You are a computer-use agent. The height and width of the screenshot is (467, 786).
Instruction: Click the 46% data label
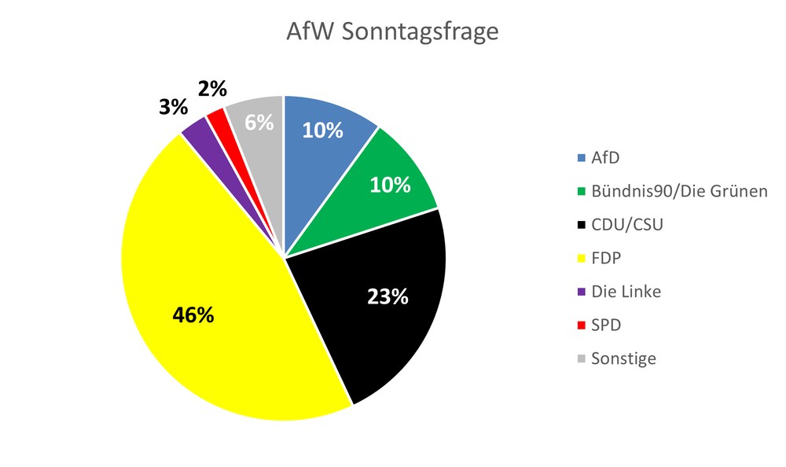(193, 315)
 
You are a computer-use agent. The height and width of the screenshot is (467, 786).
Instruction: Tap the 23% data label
(388, 296)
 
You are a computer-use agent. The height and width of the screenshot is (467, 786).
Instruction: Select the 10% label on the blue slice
(323, 131)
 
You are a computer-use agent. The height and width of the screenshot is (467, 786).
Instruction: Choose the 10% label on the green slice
(391, 185)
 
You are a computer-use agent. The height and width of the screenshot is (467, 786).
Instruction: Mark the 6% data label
(259, 123)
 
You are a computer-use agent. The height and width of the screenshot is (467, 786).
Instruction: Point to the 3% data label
(172, 107)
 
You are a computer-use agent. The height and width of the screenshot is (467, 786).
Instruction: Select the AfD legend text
(605, 157)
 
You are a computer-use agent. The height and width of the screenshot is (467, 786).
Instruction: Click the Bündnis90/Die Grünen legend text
(679, 191)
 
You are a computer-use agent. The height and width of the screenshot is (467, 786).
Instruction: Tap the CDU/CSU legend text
(628, 224)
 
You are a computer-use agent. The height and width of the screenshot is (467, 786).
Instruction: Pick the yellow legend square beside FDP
(581, 259)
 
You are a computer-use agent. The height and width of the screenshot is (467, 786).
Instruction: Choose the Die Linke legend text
(626, 292)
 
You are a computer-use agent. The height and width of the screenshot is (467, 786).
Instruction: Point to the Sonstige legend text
(624, 359)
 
